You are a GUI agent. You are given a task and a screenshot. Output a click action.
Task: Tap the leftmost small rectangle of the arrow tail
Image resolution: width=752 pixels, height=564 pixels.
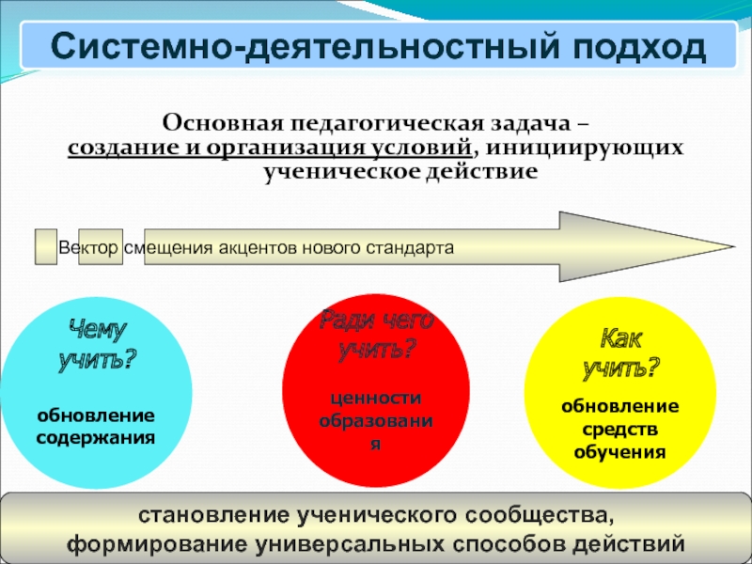click(45, 246)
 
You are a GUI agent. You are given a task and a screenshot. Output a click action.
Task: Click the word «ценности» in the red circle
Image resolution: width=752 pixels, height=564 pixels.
click(376, 399)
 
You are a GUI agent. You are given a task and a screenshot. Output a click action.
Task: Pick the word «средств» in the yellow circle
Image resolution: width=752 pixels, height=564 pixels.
click(620, 430)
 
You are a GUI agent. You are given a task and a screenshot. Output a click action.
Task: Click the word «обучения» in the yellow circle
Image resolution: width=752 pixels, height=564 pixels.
click(620, 452)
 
